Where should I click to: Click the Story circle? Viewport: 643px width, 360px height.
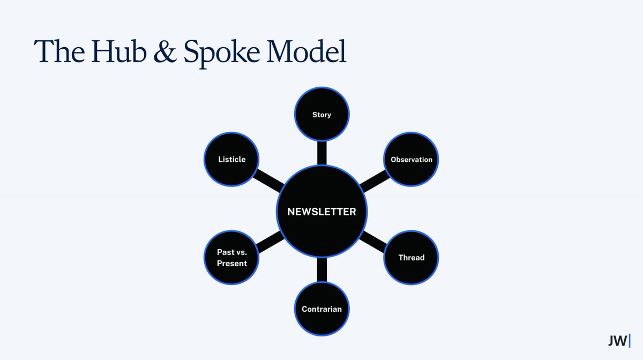[x=322, y=114]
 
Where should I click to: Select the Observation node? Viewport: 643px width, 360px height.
[x=412, y=159]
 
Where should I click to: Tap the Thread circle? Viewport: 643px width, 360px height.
[x=412, y=258]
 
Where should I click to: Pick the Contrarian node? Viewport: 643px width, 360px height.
[x=322, y=309]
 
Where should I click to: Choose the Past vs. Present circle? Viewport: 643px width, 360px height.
[x=232, y=258]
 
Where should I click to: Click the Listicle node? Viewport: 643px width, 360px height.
[x=232, y=159]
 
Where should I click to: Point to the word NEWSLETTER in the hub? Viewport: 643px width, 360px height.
[x=322, y=212]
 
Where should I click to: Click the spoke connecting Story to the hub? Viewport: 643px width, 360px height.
[x=322, y=152]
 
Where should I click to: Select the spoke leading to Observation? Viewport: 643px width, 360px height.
[x=373, y=182]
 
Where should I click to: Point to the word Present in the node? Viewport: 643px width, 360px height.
[x=232, y=264]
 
